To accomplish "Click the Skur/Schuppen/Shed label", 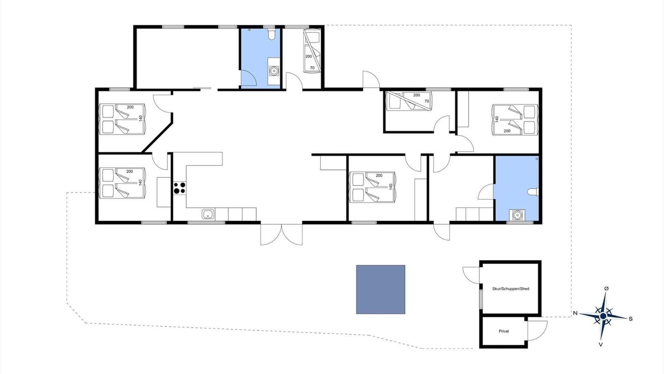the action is tap(510, 288).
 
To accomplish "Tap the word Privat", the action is tap(504, 331).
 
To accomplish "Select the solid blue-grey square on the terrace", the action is tap(381, 289).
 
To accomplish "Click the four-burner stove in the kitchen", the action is tap(179, 188).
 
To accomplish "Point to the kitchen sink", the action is tap(208, 214).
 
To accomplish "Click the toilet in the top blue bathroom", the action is tap(271, 34).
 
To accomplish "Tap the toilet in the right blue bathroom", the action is tap(533, 192).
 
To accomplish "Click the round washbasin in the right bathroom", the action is tap(517, 215).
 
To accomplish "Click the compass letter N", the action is tap(575, 313).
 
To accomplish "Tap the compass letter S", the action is tap(630, 319).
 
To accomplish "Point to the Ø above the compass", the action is tap(606, 288).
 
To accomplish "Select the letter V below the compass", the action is tap(601, 344).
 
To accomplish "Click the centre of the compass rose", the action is tap(603, 316).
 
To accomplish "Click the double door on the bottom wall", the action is tap(281, 234).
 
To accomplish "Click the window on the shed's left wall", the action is tap(481, 299).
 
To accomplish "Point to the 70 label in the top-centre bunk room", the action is tap(312, 68).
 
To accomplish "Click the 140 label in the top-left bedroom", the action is tap(141, 118).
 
